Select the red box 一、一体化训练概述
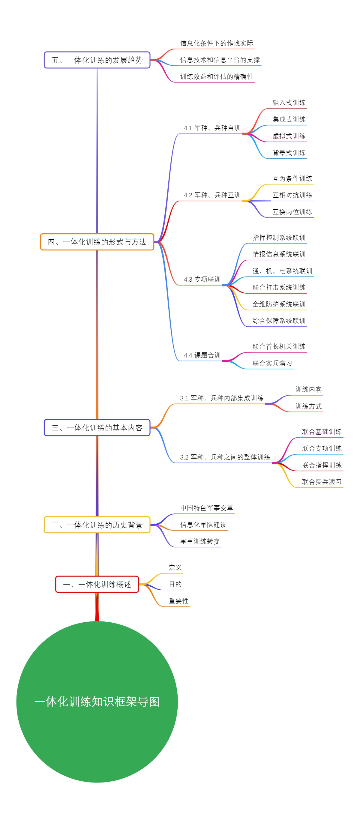pyautogui.click(x=97, y=584)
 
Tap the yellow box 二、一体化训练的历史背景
pyautogui.click(x=97, y=525)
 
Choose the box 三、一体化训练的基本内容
pyautogui.click(x=97, y=427)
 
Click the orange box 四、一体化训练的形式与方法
pyautogui.click(x=97, y=242)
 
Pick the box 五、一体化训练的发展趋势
pyautogui.click(x=97, y=60)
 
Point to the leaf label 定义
pyautogui.click(x=175, y=567)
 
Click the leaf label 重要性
pyautogui.click(x=178, y=601)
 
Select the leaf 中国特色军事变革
pyautogui.click(x=207, y=508)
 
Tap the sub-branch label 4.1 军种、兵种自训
pyautogui.click(x=212, y=128)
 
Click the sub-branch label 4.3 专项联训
pyautogui.click(x=202, y=279)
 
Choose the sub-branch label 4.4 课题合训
pyautogui.click(x=202, y=355)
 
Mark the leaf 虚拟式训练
pyautogui.click(x=289, y=136)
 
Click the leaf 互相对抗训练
pyautogui.click(x=292, y=195)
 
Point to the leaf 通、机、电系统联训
pyautogui.click(x=282, y=271)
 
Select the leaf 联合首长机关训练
pyautogui.click(x=279, y=346)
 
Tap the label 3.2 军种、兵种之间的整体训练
pyautogui.click(x=225, y=457)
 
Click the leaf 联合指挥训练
pyautogui.click(x=322, y=465)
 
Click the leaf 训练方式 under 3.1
pyautogui.click(x=308, y=406)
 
